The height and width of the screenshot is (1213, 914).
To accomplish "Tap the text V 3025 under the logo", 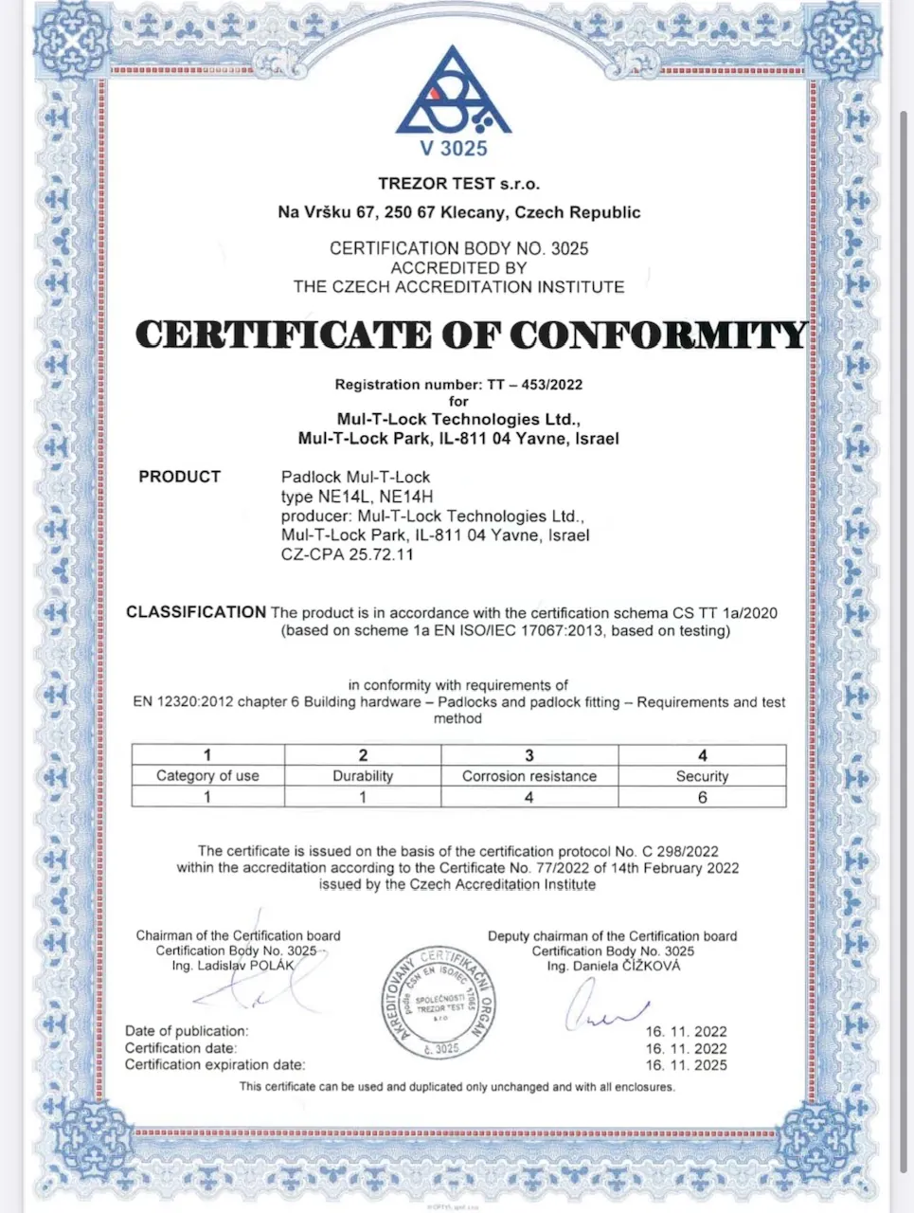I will [x=454, y=148].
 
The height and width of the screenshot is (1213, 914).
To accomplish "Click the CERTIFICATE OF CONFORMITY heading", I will [x=471, y=335].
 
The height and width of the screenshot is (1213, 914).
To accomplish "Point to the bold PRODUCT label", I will [x=179, y=477].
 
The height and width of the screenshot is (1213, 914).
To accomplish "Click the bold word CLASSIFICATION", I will [x=196, y=612].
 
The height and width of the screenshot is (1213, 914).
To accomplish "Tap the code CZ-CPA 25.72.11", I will [x=347, y=554].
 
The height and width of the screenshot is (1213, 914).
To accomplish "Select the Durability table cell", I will [x=363, y=775].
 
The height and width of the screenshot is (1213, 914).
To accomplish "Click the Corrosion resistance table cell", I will [x=529, y=775].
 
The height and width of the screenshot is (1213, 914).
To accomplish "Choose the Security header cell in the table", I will [x=702, y=775].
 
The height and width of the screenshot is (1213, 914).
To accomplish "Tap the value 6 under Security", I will [x=702, y=797].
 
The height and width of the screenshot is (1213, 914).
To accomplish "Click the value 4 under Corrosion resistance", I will [x=529, y=797].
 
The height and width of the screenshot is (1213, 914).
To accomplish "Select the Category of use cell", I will [x=207, y=775].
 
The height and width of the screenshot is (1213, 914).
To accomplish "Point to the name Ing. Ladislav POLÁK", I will [x=233, y=966].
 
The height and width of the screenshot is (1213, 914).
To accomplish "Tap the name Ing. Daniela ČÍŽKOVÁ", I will [x=613, y=966].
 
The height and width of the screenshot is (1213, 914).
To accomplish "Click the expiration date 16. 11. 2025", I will [x=686, y=1065].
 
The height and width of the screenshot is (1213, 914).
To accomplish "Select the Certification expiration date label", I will [x=215, y=1065].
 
